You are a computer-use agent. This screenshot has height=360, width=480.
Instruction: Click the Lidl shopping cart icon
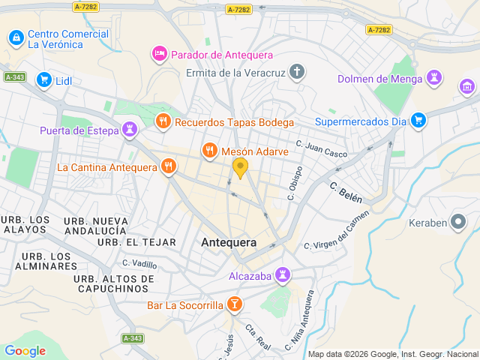click(x=44, y=79)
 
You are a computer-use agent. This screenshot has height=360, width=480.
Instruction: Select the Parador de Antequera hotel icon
click(x=159, y=54)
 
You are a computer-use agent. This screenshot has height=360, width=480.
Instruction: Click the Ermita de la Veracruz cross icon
click(x=298, y=73)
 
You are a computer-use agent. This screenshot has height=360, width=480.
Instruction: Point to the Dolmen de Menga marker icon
click(x=433, y=78)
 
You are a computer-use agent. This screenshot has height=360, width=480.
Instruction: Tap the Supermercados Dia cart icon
click(x=418, y=120)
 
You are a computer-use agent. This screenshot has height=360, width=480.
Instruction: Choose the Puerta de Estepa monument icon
click(x=131, y=130)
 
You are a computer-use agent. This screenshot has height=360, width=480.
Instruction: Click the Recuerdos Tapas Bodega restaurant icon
click(x=163, y=121)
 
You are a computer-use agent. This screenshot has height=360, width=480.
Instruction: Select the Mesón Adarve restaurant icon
click(x=210, y=151)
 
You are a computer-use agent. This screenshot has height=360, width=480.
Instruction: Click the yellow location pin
click(x=240, y=166)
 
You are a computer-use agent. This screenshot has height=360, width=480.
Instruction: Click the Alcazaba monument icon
click(x=283, y=275)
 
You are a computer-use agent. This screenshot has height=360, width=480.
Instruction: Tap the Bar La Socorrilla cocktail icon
click(x=235, y=304)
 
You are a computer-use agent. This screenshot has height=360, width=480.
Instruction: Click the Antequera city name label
click(x=229, y=242)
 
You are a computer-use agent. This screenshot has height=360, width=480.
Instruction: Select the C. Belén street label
click(x=346, y=192)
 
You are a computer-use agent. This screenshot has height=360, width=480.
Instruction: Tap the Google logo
click(x=25, y=350)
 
